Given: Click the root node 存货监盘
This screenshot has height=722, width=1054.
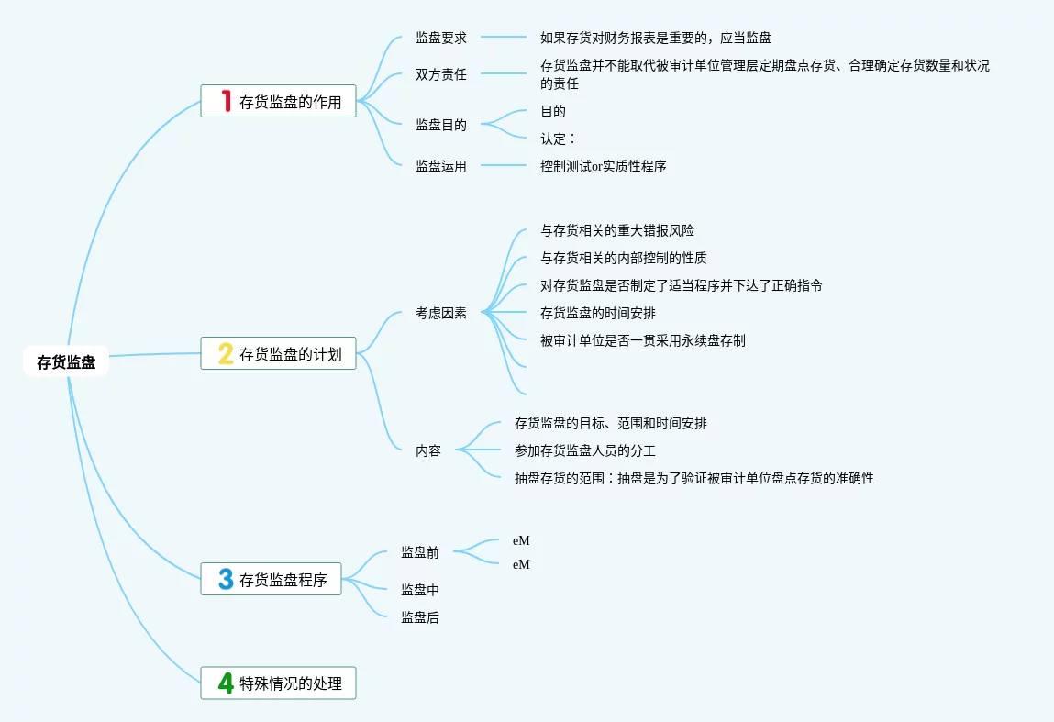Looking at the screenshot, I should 66,362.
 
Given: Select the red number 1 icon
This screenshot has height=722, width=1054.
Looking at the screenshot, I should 226,101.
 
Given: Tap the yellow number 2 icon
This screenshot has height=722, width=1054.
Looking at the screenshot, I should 226,353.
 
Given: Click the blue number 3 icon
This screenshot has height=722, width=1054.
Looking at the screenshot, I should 226,579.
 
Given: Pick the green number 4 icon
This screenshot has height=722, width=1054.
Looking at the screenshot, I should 226,683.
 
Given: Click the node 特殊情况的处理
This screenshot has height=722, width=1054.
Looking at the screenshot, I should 290,683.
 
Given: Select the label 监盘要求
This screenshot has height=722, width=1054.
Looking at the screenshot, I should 441,38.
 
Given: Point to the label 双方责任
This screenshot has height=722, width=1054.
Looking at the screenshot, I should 441,74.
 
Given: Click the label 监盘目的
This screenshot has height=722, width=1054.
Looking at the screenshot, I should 441,125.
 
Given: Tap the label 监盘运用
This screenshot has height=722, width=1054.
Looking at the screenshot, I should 441,166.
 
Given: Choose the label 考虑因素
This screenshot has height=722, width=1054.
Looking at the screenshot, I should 441,313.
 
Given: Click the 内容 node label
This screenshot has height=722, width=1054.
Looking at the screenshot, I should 428,450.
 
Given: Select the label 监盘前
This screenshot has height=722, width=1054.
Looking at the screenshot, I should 420,552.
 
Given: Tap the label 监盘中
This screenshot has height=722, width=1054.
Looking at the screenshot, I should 420,590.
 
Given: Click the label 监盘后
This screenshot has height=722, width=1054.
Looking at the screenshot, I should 420,618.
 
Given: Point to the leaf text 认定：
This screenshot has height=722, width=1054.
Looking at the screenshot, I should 558,139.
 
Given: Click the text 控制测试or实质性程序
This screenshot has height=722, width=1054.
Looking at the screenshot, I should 603,166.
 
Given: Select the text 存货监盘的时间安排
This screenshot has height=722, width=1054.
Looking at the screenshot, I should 598,313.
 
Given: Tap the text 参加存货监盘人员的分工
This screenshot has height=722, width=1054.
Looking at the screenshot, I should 585,450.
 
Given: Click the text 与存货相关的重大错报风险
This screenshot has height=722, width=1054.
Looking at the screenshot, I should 611,230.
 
